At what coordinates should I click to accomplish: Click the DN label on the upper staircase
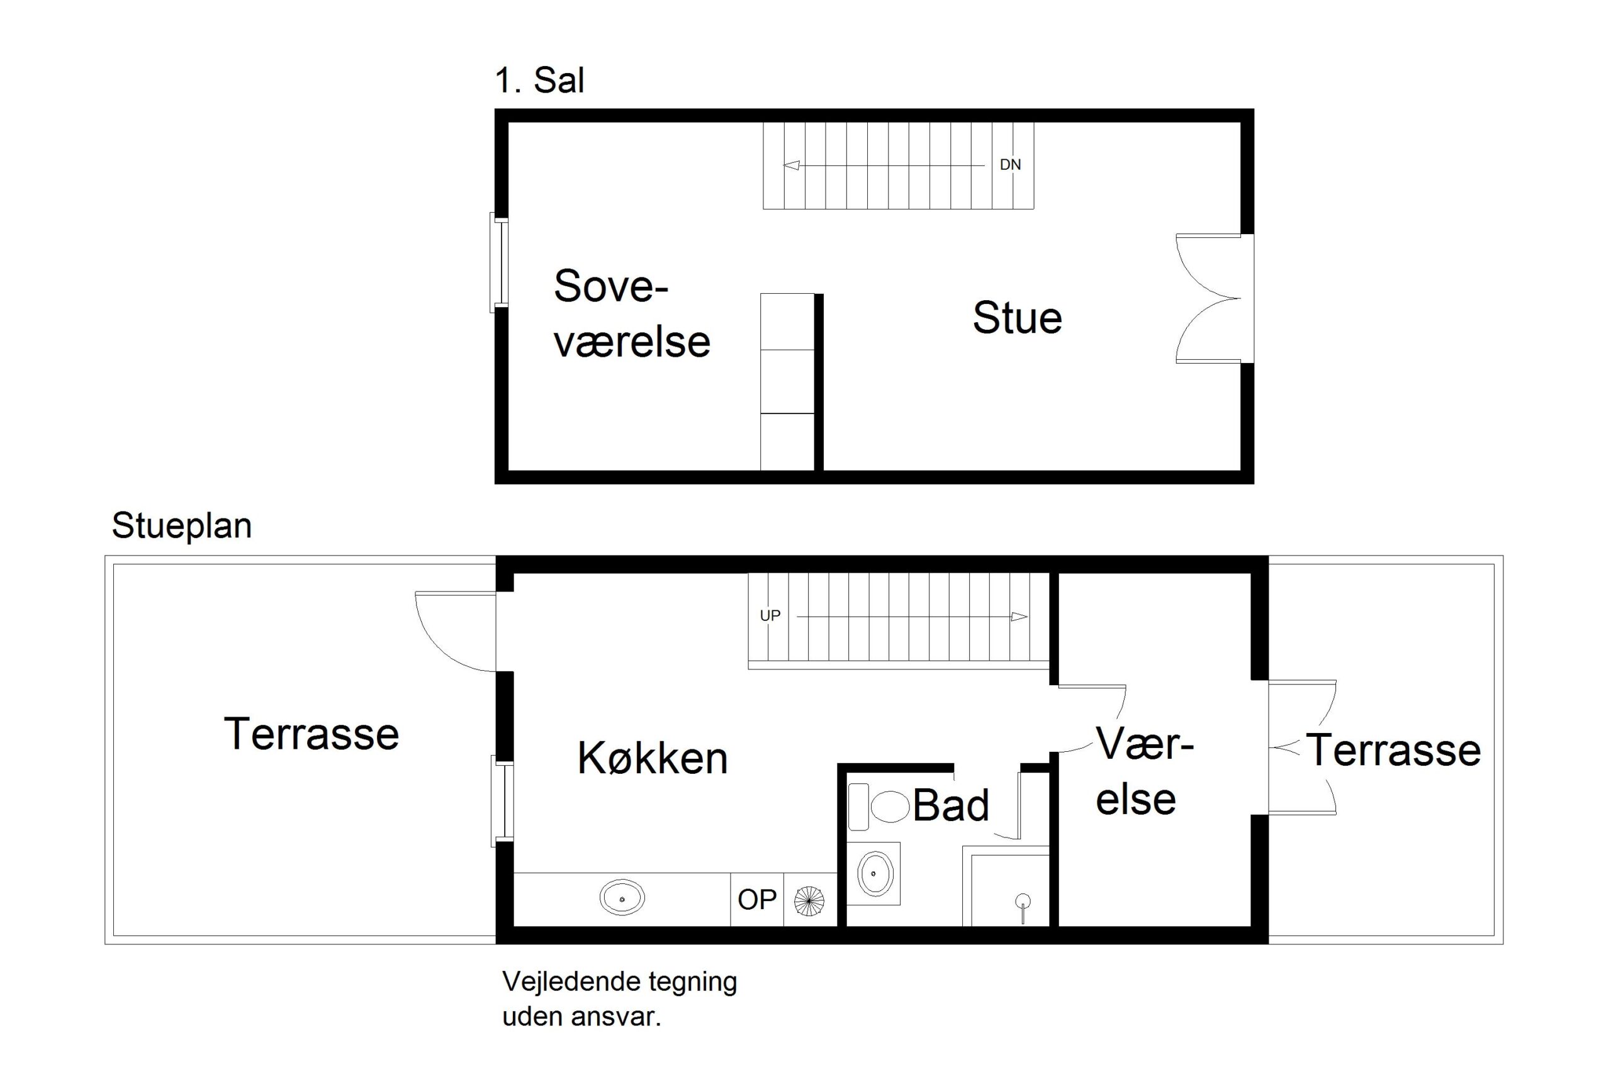coord(1010,164)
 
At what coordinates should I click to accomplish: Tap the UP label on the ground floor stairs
coord(770,616)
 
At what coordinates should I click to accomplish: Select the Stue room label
coord(1017,318)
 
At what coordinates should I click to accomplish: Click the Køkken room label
coord(652,758)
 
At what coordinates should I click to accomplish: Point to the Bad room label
coord(951,805)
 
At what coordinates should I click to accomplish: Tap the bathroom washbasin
coord(875,873)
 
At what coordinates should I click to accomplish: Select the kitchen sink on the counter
coord(622,898)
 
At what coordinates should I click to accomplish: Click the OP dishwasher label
coord(757,899)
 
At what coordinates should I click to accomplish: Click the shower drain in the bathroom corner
coord(1023,902)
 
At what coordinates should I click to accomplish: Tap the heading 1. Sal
coord(539,81)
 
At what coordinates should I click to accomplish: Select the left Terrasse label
coord(311,734)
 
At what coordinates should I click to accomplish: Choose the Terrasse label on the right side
coord(1394,750)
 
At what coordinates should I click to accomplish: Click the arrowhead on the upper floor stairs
coord(791,165)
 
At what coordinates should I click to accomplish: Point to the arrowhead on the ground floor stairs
coord(1019,617)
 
